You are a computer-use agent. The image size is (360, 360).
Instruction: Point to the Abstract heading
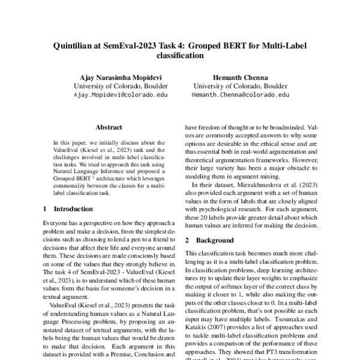point(109,127)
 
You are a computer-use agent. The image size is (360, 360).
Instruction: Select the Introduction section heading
point(73,209)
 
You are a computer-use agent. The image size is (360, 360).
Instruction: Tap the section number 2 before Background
point(187,239)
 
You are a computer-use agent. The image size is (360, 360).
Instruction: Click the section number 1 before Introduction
point(46,209)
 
